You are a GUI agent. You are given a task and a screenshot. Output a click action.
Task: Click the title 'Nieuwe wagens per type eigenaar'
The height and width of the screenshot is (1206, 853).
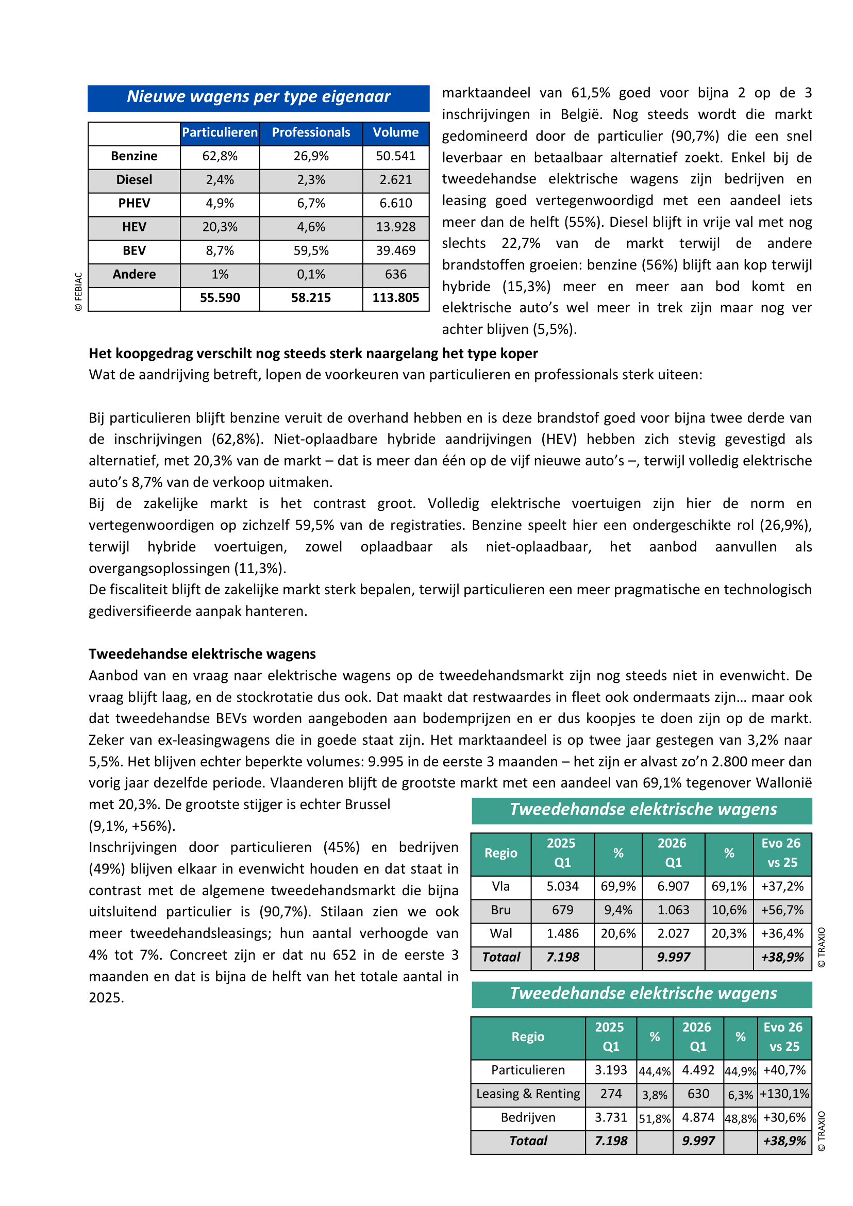(x=258, y=97)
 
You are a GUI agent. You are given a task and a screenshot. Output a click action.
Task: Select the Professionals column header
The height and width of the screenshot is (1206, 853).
(x=311, y=132)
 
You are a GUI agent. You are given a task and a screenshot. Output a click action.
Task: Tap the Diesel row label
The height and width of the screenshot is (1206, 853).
(x=134, y=180)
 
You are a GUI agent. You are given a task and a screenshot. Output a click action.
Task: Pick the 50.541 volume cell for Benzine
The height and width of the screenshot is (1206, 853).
(x=395, y=156)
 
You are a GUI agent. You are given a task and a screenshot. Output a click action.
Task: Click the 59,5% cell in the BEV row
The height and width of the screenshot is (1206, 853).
(x=311, y=250)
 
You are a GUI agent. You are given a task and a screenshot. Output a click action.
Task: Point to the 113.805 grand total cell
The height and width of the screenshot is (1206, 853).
(x=395, y=298)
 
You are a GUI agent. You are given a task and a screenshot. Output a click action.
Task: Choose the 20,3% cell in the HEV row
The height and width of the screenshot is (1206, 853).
(x=220, y=227)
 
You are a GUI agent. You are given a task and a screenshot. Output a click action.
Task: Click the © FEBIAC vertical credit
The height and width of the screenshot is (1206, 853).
(x=79, y=292)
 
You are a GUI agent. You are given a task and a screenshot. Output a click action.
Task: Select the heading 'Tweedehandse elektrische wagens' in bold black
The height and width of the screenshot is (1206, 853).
(x=202, y=654)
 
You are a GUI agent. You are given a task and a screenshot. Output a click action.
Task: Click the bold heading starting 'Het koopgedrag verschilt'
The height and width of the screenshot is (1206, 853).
(x=313, y=354)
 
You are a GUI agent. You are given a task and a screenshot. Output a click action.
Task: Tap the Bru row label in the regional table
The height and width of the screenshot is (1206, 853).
(x=500, y=910)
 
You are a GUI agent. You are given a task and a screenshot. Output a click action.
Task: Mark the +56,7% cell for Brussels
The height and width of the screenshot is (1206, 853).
(x=782, y=910)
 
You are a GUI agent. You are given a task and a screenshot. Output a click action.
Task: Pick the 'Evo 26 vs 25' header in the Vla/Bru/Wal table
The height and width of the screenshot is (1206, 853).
(x=781, y=852)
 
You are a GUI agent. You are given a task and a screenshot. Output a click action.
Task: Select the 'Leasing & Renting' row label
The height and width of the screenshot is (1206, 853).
(x=528, y=1094)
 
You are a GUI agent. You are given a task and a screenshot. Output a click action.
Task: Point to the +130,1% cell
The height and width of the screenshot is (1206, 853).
(x=784, y=1094)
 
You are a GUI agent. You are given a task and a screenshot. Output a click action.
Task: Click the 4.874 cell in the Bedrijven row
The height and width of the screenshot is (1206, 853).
(x=698, y=1117)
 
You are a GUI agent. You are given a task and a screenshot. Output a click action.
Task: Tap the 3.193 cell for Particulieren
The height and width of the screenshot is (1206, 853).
(x=611, y=1070)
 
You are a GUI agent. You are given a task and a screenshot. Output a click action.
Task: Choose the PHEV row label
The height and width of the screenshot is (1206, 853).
(x=134, y=203)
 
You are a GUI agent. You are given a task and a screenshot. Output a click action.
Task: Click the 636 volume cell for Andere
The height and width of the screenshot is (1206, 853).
(x=395, y=274)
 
